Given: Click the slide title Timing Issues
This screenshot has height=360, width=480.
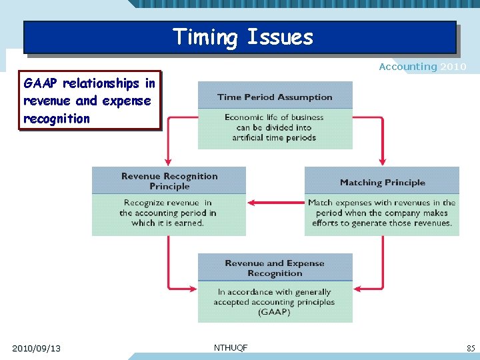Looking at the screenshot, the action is (243, 37).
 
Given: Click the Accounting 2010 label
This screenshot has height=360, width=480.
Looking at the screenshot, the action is (422, 67).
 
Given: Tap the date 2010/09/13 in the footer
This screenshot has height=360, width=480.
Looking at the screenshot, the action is (36, 348).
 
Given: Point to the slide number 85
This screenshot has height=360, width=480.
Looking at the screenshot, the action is (471, 348).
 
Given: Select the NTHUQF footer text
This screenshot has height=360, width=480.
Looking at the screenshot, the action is (231, 347).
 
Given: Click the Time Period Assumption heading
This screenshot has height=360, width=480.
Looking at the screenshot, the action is (275, 97).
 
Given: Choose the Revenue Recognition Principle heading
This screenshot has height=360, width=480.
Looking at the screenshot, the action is (169, 181).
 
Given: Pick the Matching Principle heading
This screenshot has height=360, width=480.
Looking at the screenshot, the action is (382, 182).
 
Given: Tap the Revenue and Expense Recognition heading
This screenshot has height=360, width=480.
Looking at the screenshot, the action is (275, 268).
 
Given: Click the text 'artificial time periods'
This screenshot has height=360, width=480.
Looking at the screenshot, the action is (274, 138).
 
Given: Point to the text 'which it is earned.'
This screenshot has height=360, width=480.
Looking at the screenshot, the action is (167, 223).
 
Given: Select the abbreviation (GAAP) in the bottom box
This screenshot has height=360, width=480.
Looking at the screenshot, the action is (274, 312).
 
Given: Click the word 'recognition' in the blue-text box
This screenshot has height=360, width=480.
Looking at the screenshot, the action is (56, 119).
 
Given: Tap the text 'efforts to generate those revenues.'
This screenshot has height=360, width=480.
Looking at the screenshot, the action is (382, 223).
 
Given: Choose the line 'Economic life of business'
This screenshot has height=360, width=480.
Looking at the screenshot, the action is (274, 117).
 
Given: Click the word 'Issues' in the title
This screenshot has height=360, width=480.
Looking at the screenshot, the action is (280, 37).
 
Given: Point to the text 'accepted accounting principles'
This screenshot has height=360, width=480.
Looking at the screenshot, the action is (274, 302).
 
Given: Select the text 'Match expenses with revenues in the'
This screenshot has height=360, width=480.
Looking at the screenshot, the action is (382, 203).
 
